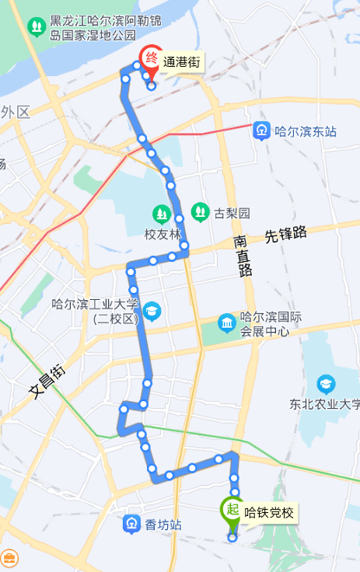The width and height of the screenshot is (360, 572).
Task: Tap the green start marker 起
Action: click(231, 510)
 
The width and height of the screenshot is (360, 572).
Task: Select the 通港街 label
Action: click(182, 63)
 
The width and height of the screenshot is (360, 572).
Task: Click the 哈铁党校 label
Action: click(270, 512)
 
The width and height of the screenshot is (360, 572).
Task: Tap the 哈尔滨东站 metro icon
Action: click(263, 131)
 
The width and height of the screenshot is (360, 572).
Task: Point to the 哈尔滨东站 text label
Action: click(306, 132)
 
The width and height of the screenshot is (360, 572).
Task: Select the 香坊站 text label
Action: click(163, 526)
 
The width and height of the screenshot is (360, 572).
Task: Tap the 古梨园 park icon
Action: click(200, 211)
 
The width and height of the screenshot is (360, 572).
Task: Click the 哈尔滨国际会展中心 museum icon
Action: click(226, 322)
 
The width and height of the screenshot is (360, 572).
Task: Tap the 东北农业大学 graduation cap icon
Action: click(326, 384)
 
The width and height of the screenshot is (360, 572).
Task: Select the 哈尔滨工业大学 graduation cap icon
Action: click(151, 312)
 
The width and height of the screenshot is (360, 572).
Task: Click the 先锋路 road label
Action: click(285, 233)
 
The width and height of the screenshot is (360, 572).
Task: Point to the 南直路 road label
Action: click(243, 256)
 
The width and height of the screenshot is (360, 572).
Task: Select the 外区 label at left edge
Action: click(15, 112)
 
